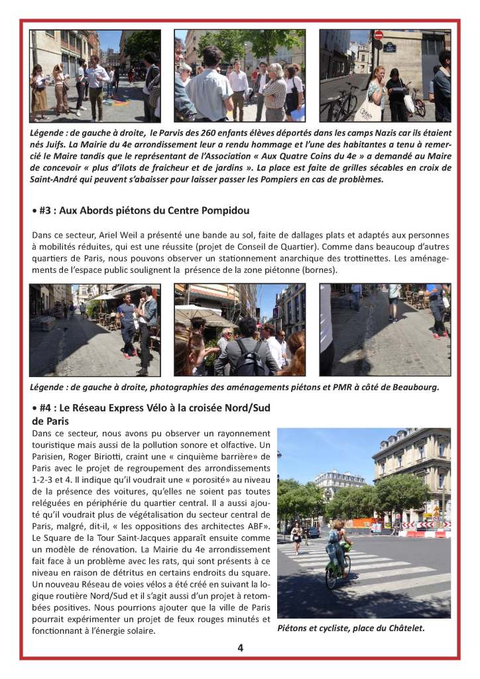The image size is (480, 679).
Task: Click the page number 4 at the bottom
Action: click(240, 648)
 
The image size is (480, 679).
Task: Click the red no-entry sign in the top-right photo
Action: click(379, 35)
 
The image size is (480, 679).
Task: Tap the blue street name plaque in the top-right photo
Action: click(389, 48)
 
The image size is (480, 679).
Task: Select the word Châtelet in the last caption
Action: click(402, 627)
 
